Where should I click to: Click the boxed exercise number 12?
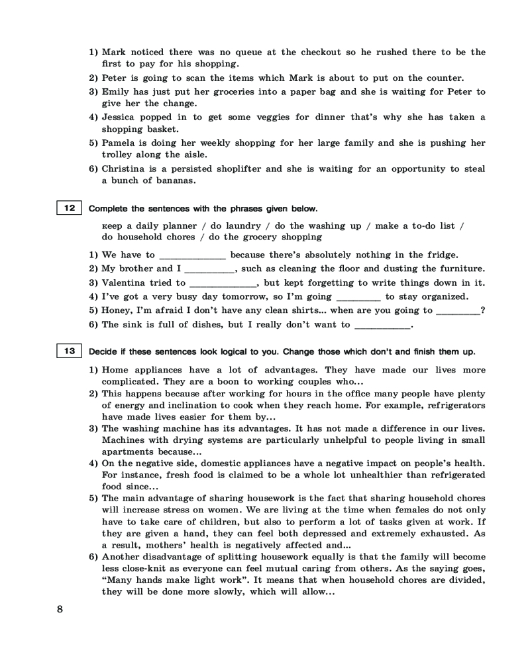pos(69,209)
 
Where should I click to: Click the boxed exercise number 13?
pos(69,351)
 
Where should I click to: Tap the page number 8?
pos(60,611)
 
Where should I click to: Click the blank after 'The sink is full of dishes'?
pos(382,326)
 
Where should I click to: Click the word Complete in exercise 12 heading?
pos(108,209)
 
